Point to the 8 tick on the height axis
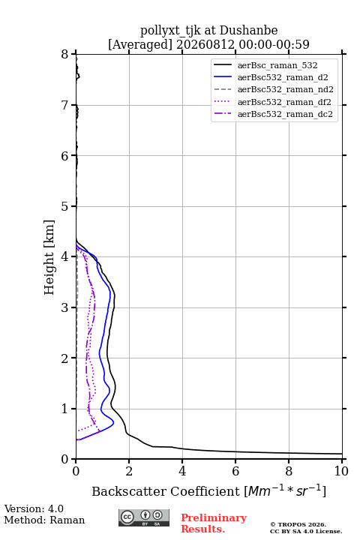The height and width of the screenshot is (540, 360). (x=64, y=55)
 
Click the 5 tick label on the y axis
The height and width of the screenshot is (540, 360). (x=64, y=207)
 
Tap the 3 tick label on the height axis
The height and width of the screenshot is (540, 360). (x=64, y=307)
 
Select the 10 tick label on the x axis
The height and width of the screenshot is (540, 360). (x=341, y=471)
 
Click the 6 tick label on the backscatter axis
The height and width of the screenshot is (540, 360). (x=235, y=471)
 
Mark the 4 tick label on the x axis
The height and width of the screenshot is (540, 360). (x=182, y=471)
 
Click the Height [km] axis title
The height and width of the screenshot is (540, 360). (x=49, y=257)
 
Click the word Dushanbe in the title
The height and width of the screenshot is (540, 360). (x=248, y=31)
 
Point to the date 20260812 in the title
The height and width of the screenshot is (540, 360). (x=205, y=44)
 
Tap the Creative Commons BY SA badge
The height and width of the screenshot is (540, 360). (x=144, y=518)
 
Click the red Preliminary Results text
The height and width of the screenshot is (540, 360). (x=214, y=523)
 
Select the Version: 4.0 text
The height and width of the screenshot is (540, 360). (x=34, y=508)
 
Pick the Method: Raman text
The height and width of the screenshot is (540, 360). (x=44, y=520)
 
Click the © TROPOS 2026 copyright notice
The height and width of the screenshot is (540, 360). (x=298, y=524)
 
